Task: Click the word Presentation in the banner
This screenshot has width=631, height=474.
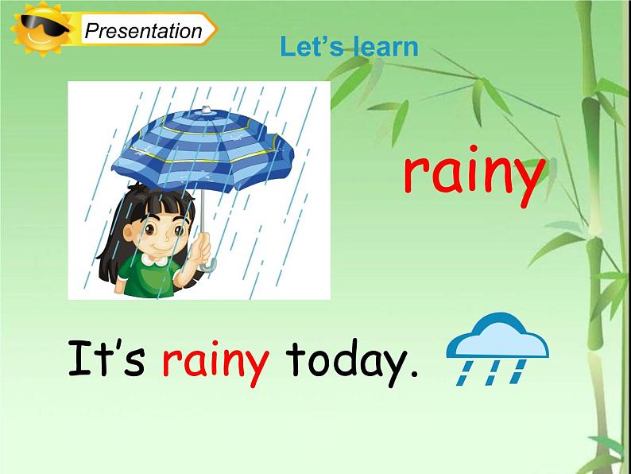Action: tap(143, 32)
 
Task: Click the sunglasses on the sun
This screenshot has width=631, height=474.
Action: tap(37, 33)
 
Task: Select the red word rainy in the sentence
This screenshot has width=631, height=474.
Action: tap(215, 363)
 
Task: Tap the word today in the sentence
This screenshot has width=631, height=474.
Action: tap(343, 362)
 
